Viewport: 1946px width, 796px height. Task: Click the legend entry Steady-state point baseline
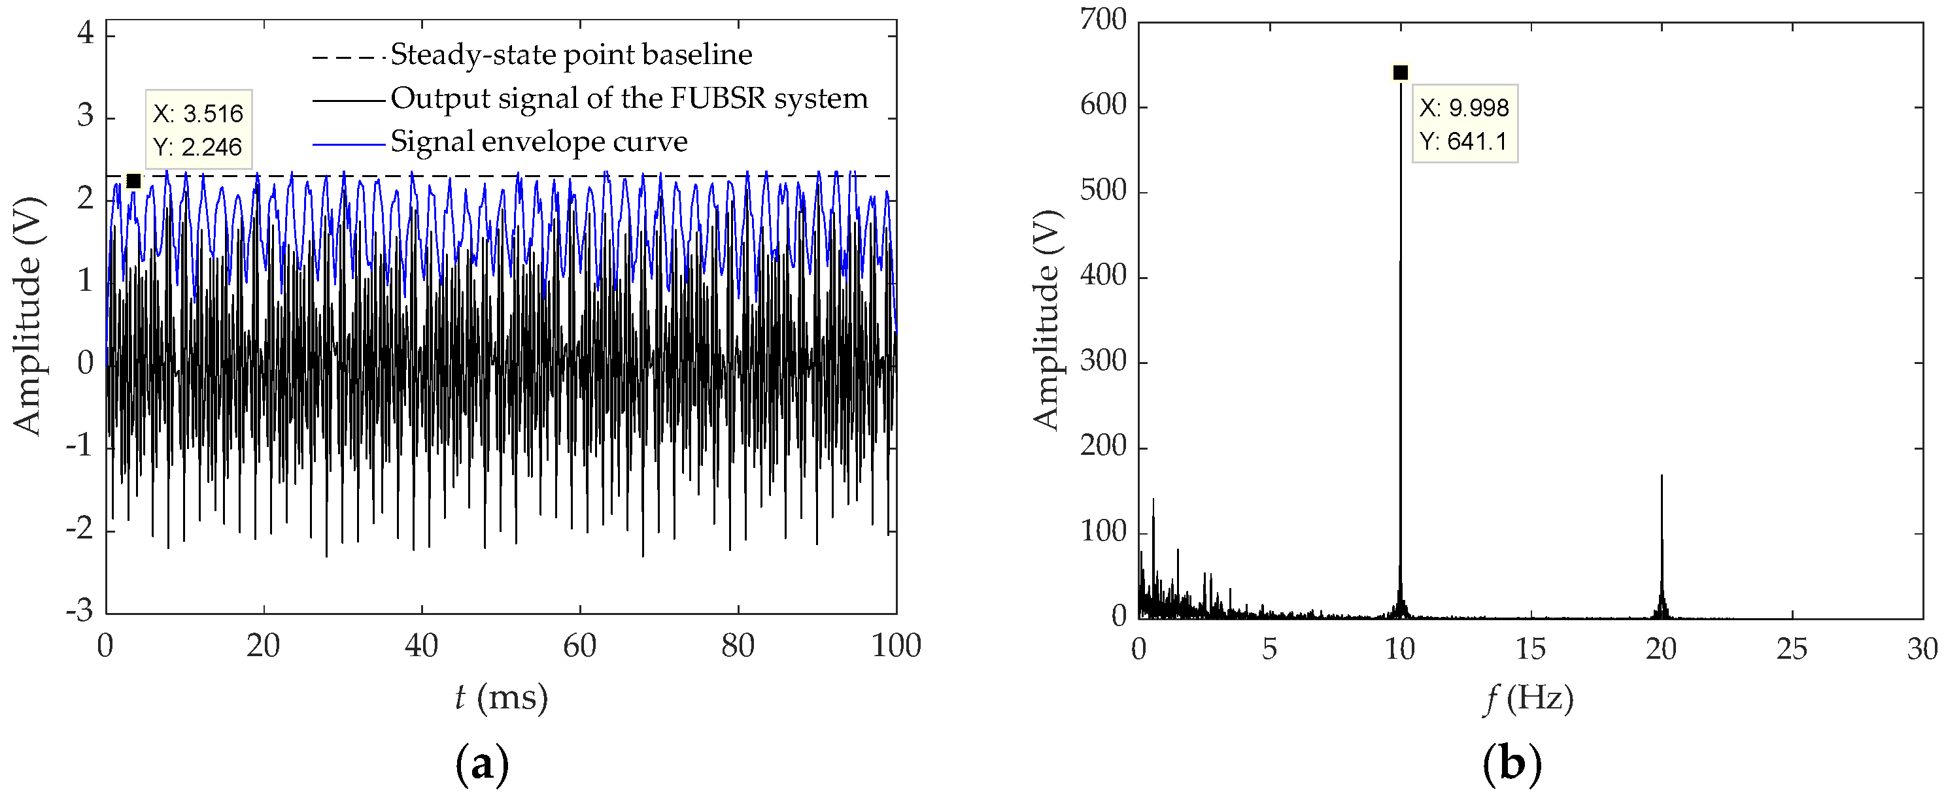click(571, 54)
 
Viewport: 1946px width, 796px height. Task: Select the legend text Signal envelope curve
click(539, 141)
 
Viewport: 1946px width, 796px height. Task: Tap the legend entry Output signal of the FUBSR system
click(628, 98)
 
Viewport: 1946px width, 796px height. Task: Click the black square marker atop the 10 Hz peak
click(1400, 73)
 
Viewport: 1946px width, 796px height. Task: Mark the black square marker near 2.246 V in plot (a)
click(133, 181)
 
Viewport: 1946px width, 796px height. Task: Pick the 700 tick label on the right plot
click(1103, 20)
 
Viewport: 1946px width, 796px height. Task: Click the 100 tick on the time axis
click(896, 646)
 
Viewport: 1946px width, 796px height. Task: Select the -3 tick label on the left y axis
click(79, 610)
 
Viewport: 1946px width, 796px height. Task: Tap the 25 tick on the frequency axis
click(1792, 649)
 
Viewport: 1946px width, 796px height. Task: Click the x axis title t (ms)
click(501, 697)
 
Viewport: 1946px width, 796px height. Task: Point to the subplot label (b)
click(1511, 764)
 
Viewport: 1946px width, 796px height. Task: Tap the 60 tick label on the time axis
click(579, 646)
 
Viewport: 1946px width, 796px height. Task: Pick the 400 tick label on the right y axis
click(1103, 276)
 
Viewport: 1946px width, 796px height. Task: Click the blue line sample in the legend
click(349, 142)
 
